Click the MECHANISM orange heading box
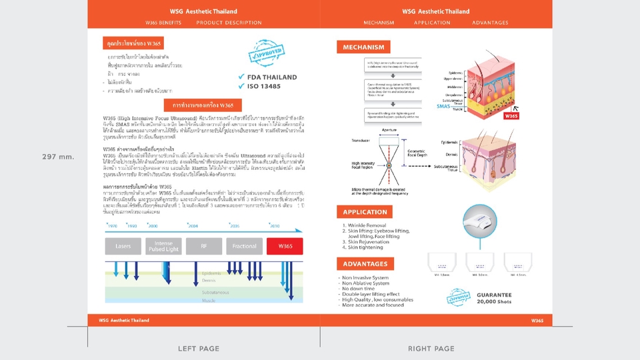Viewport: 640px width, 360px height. (365, 47)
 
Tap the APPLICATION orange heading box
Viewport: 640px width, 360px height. (365, 212)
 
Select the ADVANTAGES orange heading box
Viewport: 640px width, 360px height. (366, 264)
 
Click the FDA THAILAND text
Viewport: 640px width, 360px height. (271, 77)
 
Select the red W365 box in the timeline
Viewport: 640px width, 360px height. (285, 246)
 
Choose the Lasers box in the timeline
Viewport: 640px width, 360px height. (123, 246)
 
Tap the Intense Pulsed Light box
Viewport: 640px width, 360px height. (163, 246)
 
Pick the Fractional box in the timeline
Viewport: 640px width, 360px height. (244, 246)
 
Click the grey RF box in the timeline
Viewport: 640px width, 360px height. (204, 246)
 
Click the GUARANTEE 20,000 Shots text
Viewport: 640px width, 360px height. (494, 298)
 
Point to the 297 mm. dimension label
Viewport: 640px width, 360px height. (57, 156)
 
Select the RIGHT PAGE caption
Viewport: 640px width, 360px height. (431, 349)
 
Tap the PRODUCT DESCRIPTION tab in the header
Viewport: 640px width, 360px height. (229, 23)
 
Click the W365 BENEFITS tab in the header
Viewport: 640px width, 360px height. (163, 23)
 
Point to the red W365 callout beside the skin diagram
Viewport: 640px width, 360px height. (511, 115)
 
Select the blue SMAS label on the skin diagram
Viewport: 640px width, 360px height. (443, 106)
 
